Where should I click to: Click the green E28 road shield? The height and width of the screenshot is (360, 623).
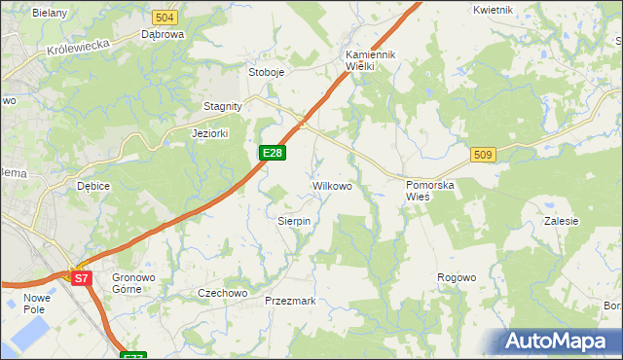pos(273,153)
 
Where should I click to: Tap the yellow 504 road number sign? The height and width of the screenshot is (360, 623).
pos(165,18)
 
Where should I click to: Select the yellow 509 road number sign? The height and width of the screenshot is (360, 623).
pos(484,155)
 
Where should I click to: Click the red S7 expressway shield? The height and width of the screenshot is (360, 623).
pos(82,279)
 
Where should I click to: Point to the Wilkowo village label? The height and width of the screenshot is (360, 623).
pos(331,185)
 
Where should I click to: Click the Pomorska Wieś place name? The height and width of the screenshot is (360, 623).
pos(430,190)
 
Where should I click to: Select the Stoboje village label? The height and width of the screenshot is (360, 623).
pos(266,72)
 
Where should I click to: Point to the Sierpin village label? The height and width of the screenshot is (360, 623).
pos(294,222)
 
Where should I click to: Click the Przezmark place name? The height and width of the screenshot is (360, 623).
pos(290,302)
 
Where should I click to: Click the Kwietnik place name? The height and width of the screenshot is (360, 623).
pos(494,10)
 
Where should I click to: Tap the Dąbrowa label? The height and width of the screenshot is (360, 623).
pos(163,35)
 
